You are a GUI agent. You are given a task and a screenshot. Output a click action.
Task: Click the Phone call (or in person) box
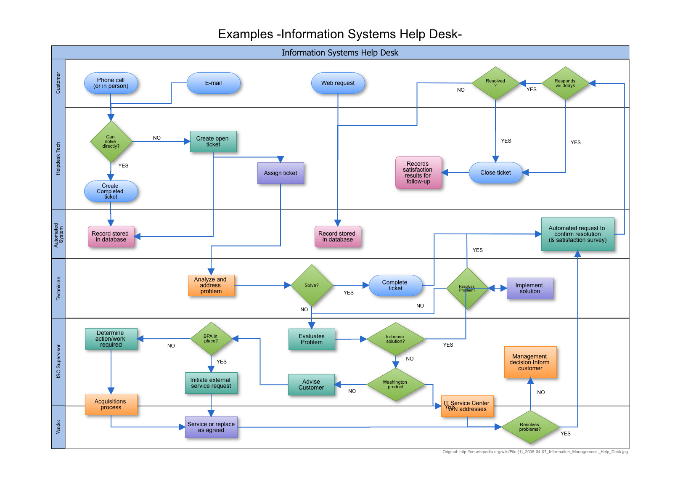click(x=111, y=83)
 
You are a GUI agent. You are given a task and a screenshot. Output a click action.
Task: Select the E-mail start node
click(x=213, y=83)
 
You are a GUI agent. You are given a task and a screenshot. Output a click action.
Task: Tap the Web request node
click(x=338, y=83)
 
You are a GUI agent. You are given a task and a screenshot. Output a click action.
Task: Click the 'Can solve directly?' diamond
click(x=111, y=141)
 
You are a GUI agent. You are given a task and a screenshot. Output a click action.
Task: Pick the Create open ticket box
click(x=213, y=141)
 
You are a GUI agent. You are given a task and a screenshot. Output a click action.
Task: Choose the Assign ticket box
click(x=280, y=173)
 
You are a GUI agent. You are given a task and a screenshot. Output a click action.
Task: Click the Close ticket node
click(x=495, y=172)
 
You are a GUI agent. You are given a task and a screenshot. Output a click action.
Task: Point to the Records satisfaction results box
click(x=418, y=172)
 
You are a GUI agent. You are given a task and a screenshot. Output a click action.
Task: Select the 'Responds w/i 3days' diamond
click(x=565, y=83)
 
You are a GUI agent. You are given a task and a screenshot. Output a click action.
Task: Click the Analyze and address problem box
click(x=211, y=285)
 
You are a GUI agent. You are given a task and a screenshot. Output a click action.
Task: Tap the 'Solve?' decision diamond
click(x=312, y=285)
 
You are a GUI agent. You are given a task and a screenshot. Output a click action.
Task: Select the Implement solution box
click(x=529, y=288)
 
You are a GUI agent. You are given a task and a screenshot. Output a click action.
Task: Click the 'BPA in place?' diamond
click(x=211, y=339)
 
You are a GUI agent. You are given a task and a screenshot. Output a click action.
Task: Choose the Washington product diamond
click(x=395, y=385)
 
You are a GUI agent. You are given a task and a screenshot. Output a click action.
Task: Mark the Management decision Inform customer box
click(x=530, y=362)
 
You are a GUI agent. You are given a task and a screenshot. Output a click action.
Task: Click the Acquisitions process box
click(x=111, y=404)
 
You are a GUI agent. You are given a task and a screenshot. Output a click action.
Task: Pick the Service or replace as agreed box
click(x=211, y=427)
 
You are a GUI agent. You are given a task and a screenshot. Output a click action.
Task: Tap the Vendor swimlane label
click(x=58, y=427)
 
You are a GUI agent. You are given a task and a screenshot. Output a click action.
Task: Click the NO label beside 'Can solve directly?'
click(x=157, y=138)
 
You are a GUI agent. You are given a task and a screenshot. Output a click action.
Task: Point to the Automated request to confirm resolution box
click(x=577, y=234)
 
